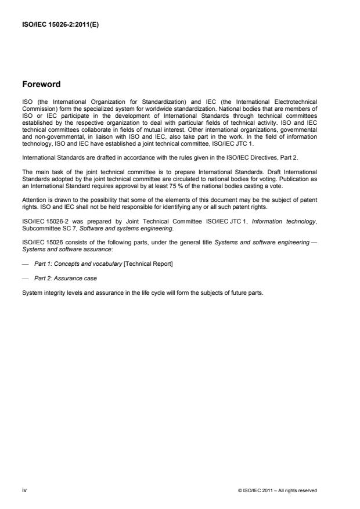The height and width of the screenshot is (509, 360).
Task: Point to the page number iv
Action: (x=24, y=490)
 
